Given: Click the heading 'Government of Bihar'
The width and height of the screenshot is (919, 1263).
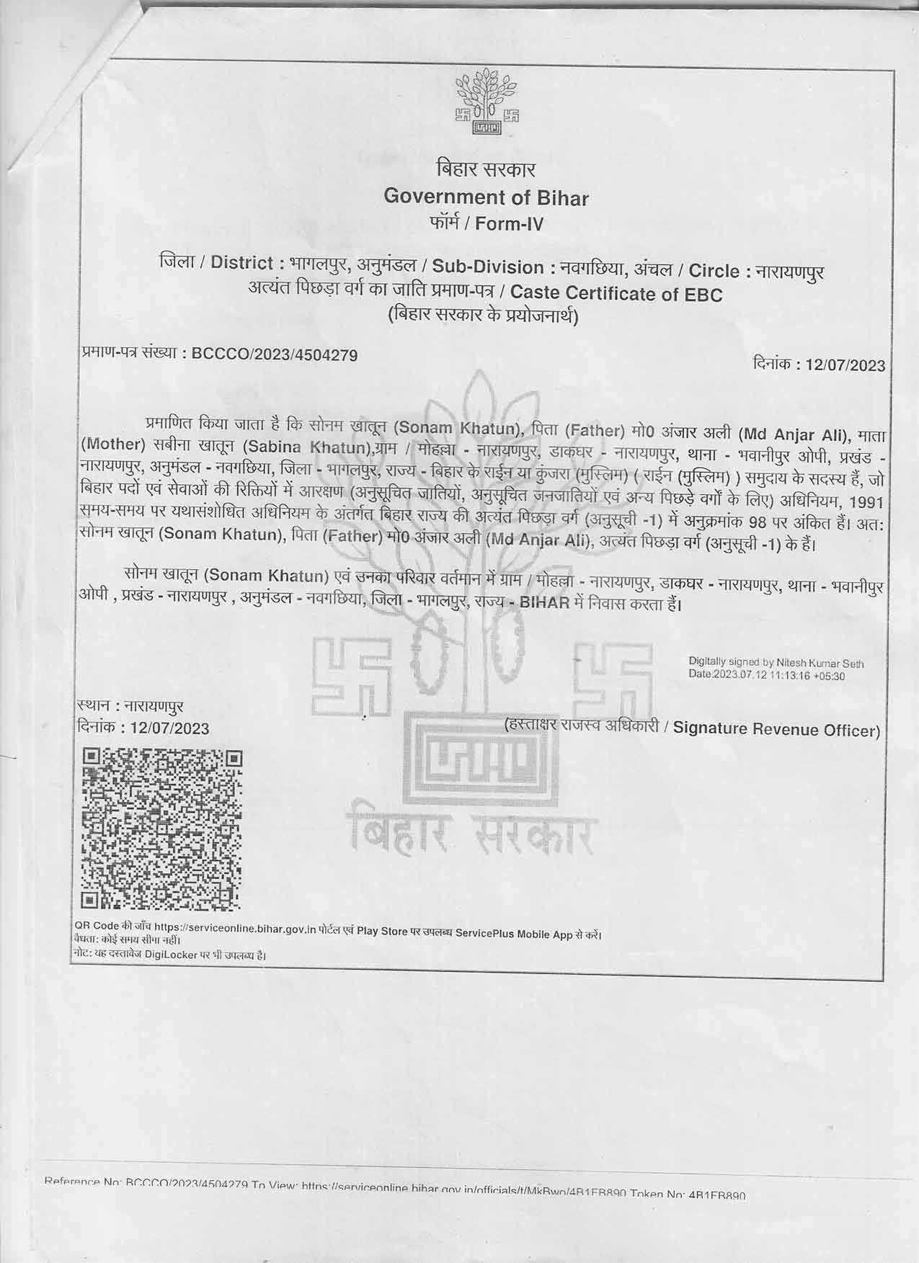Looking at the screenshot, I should (486, 197).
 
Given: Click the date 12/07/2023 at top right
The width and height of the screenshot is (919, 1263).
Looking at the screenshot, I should (845, 365).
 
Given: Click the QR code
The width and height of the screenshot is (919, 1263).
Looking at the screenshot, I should (161, 829).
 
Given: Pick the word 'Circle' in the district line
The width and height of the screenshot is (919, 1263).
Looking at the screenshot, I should (714, 271).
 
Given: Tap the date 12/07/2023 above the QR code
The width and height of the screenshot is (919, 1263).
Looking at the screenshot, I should (166, 728).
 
